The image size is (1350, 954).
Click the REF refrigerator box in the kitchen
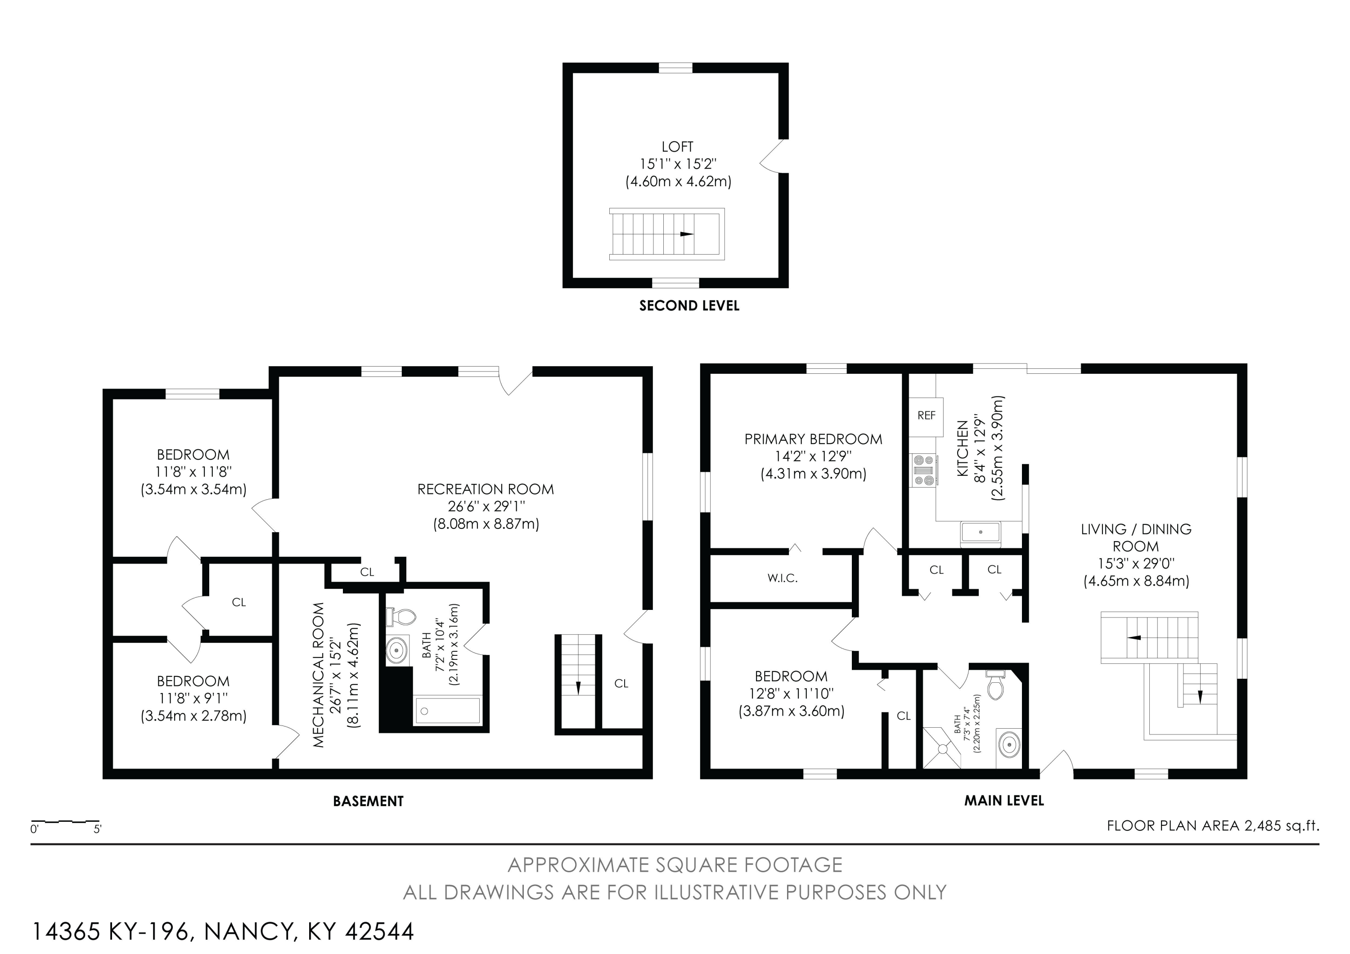coord(926,416)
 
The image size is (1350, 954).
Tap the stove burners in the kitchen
coord(922,470)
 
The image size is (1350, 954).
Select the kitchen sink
coord(981,532)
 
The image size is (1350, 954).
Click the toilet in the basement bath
coord(400,617)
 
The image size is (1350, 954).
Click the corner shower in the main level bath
coord(941,748)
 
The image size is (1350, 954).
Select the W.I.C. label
coord(782,578)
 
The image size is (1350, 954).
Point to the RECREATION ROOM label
coord(486,489)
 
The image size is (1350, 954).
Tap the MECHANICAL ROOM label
coord(319,675)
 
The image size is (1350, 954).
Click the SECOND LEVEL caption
coord(689,306)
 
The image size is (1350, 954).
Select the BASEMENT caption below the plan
coord(368,801)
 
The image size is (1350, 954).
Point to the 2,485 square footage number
coord(1262,826)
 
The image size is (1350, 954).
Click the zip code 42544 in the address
coord(379,932)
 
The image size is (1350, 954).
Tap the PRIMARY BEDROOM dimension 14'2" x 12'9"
coord(813,457)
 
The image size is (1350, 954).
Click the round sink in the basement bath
coord(397,650)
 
